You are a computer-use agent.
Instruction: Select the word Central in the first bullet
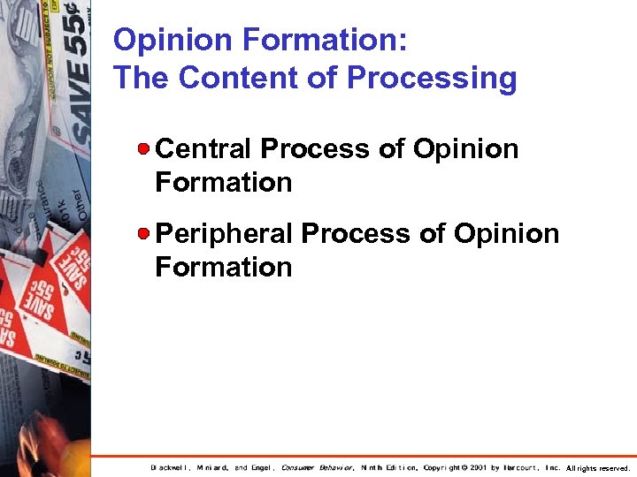[x=204, y=148]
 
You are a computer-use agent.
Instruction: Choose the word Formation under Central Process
[x=223, y=183]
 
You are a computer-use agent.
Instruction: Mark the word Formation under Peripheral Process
[x=223, y=267]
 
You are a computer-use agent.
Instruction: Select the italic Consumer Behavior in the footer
[x=318, y=467]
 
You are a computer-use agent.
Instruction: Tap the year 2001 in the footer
[x=477, y=467]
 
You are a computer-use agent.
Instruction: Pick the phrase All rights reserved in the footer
[x=597, y=467]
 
